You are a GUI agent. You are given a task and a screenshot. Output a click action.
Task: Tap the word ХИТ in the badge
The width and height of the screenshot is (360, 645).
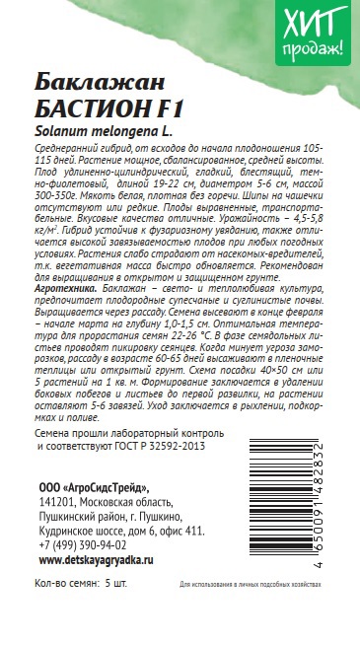click(314, 22)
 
